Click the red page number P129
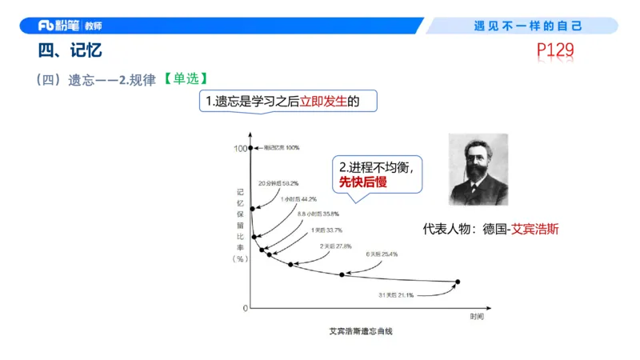click(x=555, y=52)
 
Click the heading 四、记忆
click(x=70, y=51)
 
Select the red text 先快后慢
click(x=363, y=182)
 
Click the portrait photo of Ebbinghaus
click(x=478, y=170)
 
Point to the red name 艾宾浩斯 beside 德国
click(x=535, y=228)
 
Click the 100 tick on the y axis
click(x=239, y=149)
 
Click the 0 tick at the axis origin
click(x=245, y=308)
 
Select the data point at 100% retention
click(x=251, y=148)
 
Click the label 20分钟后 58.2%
click(x=278, y=183)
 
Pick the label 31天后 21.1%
click(x=396, y=295)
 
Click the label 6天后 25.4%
click(x=382, y=254)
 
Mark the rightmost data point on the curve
click(x=458, y=282)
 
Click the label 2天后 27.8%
click(x=335, y=246)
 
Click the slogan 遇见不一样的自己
click(x=528, y=26)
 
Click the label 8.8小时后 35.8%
click(x=318, y=214)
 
